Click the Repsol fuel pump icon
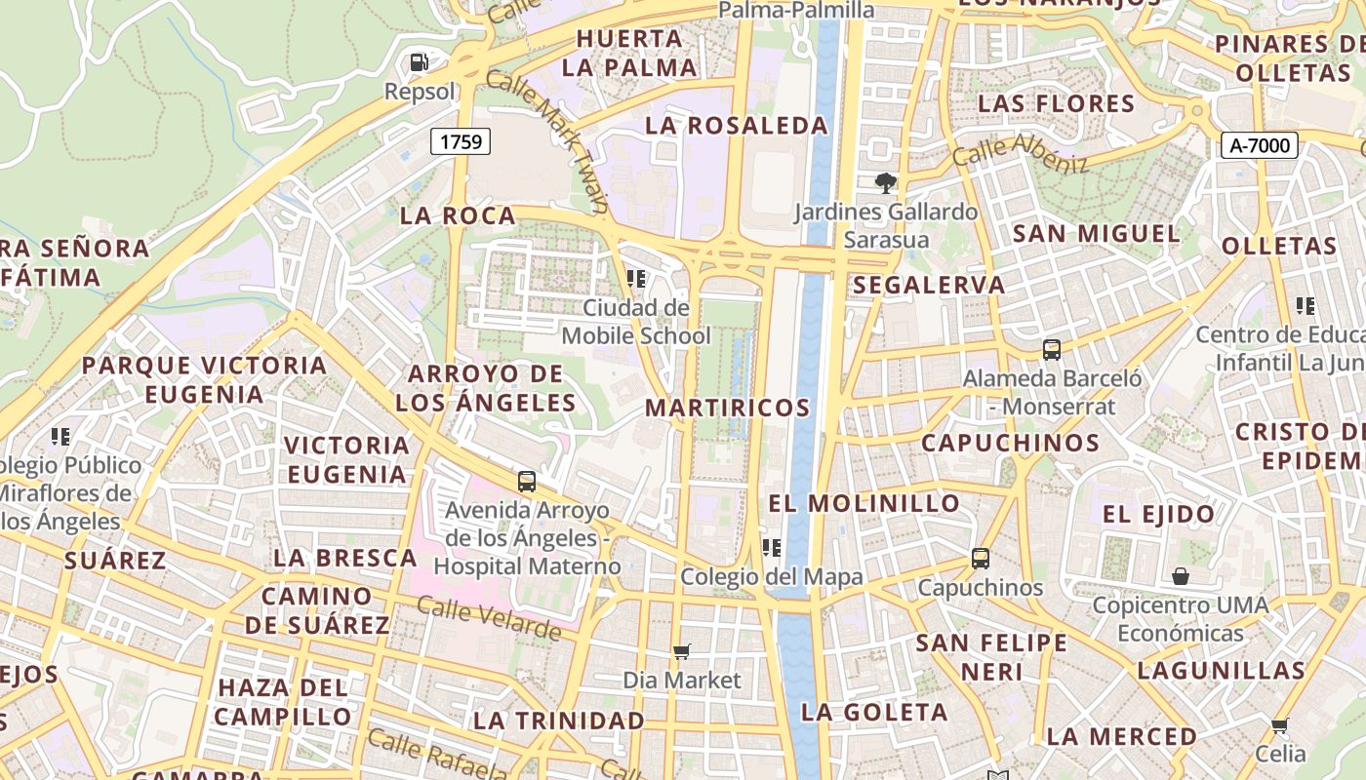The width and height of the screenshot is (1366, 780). (420, 62)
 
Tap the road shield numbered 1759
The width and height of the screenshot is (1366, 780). (461, 141)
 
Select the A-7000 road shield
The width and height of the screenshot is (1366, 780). (1260, 146)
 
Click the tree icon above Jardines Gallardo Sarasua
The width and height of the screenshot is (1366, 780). (885, 182)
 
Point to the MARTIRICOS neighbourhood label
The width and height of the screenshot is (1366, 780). (728, 408)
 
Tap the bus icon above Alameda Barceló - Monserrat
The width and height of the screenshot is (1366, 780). (1051, 349)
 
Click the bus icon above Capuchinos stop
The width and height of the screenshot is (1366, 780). (980, 559)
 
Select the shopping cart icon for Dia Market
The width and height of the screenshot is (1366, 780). (682, 650)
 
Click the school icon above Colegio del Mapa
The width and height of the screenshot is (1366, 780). (772, 548)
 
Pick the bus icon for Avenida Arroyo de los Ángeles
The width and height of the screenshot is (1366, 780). (527, 481)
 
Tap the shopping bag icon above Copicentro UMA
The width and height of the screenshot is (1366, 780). (1181, 576)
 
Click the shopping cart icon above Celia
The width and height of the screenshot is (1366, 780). (1280, 725)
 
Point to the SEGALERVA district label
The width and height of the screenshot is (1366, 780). (928, 285)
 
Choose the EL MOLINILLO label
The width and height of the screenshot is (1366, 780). (864, 503)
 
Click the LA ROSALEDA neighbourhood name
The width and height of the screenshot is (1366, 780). (737, 126)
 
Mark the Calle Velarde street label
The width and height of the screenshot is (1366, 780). (489, 618)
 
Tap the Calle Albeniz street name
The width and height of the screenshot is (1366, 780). (1020, 153)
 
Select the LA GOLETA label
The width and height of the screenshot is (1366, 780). (874, 712)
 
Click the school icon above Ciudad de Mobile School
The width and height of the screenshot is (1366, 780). (636, 279)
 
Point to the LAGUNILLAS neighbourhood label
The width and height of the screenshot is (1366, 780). (1221, 671)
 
